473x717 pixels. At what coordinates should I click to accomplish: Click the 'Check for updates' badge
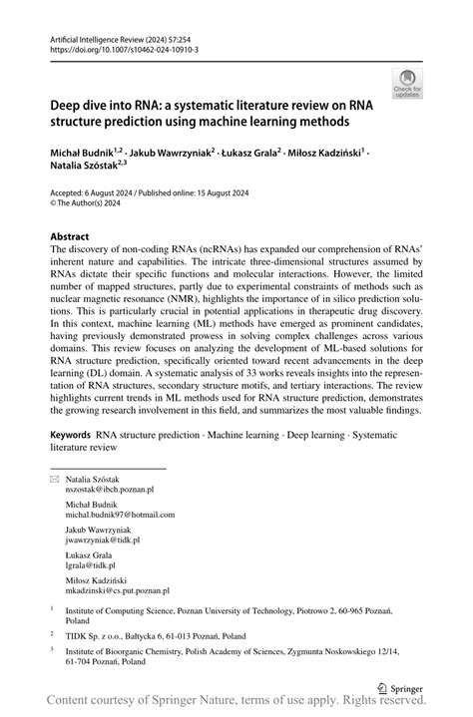407,84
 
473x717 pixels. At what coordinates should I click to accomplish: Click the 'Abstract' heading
76,236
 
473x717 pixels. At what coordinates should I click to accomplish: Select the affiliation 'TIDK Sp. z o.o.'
98,632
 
